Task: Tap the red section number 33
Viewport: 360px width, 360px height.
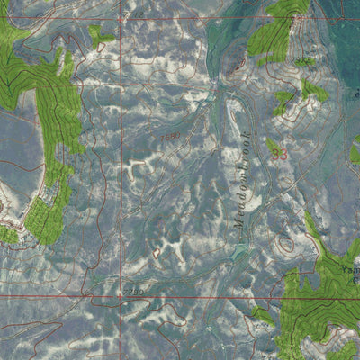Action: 279,155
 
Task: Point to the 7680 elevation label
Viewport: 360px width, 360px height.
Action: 170,137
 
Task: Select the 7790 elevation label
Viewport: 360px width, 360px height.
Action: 134,292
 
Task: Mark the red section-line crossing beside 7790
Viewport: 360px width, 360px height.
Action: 121,294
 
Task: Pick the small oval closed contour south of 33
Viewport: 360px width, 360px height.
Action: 286,243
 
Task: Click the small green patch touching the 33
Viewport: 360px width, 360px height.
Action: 273,145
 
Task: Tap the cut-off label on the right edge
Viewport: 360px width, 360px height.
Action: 350,268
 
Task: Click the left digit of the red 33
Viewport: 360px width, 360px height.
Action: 274,155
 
